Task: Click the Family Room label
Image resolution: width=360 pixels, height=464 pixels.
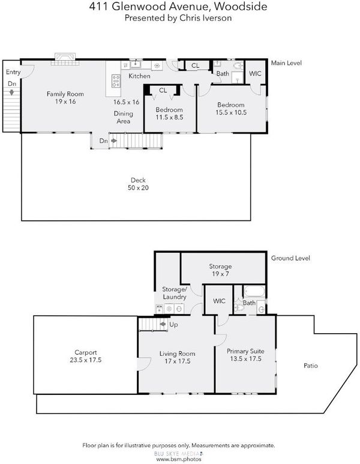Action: (65, 94)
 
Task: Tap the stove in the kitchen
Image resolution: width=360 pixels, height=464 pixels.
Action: (116, 81)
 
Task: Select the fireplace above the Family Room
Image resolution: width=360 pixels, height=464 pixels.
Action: (65, 59)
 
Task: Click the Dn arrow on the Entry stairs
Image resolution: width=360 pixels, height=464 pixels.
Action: (11, 92)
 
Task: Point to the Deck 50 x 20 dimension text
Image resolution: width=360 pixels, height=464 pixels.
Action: (138, 188)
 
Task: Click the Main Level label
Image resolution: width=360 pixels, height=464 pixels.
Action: (286, 63)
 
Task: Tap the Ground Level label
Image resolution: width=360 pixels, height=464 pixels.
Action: (290, 258)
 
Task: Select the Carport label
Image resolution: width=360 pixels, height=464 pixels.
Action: (85, 352)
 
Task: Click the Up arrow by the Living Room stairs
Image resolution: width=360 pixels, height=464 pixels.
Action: (163, 324)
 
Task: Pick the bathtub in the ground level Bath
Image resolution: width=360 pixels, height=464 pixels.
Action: (254, 292)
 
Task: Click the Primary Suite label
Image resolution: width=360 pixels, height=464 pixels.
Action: (245, 351)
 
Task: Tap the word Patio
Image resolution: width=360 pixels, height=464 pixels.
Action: (311, 366)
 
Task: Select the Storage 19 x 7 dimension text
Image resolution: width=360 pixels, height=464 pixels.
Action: (220, 274)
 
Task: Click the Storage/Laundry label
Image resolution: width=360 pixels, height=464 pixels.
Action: (175, 293)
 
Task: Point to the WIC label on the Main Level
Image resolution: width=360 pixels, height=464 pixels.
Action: (255, 73)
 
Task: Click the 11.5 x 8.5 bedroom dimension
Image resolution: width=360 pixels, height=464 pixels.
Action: (169, 117)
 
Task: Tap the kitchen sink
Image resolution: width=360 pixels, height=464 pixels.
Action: (136, 64)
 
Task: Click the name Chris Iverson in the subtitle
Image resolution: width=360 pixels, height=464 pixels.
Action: (206, 18)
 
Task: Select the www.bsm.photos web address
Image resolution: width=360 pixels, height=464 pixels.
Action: (179, 459)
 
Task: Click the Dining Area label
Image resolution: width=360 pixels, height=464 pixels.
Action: (124, 117)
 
